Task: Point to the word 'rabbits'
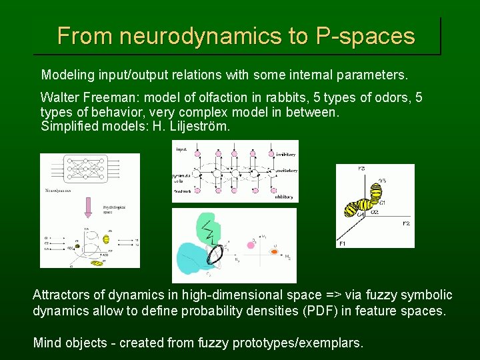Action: click(x=288, y=98)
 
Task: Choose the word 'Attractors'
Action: click(x=65, y=295)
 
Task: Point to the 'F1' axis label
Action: click(x=343, y=244)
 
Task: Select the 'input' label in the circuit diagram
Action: click(x=182, y=149)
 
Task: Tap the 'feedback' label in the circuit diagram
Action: click(x=183, y=191)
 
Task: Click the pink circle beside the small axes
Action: click(x=251, y=245)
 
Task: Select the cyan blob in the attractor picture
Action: click(x=191, y=257)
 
